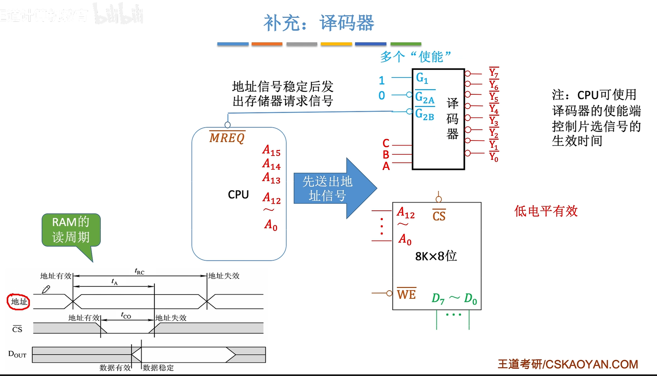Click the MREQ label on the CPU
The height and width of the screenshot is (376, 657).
[x=227, y=138]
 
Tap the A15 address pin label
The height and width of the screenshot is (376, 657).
[x=271, y=150]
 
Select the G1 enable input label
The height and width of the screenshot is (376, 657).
[x=422, y=78]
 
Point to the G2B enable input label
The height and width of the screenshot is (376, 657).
[x=424, y=114]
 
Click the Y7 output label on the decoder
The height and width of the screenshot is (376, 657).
[x=493, y=73]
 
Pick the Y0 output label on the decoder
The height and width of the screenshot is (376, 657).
[x=493, y=157]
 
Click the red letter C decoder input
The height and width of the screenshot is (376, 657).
[x=386, y=143]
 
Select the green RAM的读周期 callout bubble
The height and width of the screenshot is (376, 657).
[x=71, y=230]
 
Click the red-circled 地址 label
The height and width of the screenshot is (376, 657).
[x=19, y=301]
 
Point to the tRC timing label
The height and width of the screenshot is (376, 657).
[x=140, y=271]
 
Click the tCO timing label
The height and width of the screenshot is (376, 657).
[x=126, y=315]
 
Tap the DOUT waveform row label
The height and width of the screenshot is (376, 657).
[x=17, y=354]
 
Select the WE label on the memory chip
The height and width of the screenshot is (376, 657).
[x=406, y=295]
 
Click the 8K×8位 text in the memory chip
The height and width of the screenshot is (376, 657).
[x=436, y=256]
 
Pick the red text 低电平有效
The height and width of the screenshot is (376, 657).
[x=546, y=211]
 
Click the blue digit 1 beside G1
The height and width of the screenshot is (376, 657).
[x=382, y=80]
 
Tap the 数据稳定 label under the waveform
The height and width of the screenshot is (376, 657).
[x=158, y=367]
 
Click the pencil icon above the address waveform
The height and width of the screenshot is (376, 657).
[x=46, y=289]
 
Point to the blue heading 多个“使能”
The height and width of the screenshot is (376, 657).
[x=415, y=57]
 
